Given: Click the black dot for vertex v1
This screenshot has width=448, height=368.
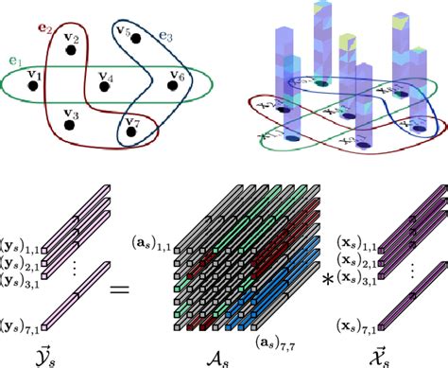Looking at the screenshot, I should [33, 86].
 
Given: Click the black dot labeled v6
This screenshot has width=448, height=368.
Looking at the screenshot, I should [173, 86].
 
